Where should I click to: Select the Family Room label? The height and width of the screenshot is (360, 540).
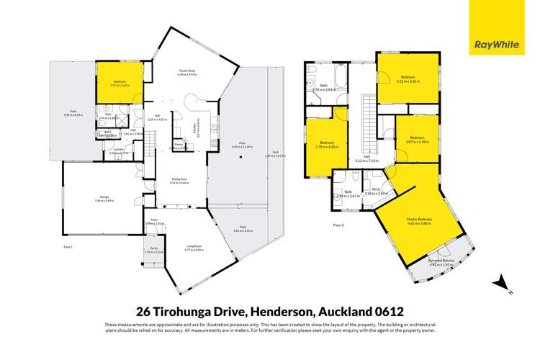[x=188, y=71]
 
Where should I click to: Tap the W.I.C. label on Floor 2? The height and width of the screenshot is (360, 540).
[x=377, y=191]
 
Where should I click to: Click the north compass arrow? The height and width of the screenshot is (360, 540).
[x=497, y=282]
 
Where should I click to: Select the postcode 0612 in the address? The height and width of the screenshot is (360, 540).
[x=384, y=312]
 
